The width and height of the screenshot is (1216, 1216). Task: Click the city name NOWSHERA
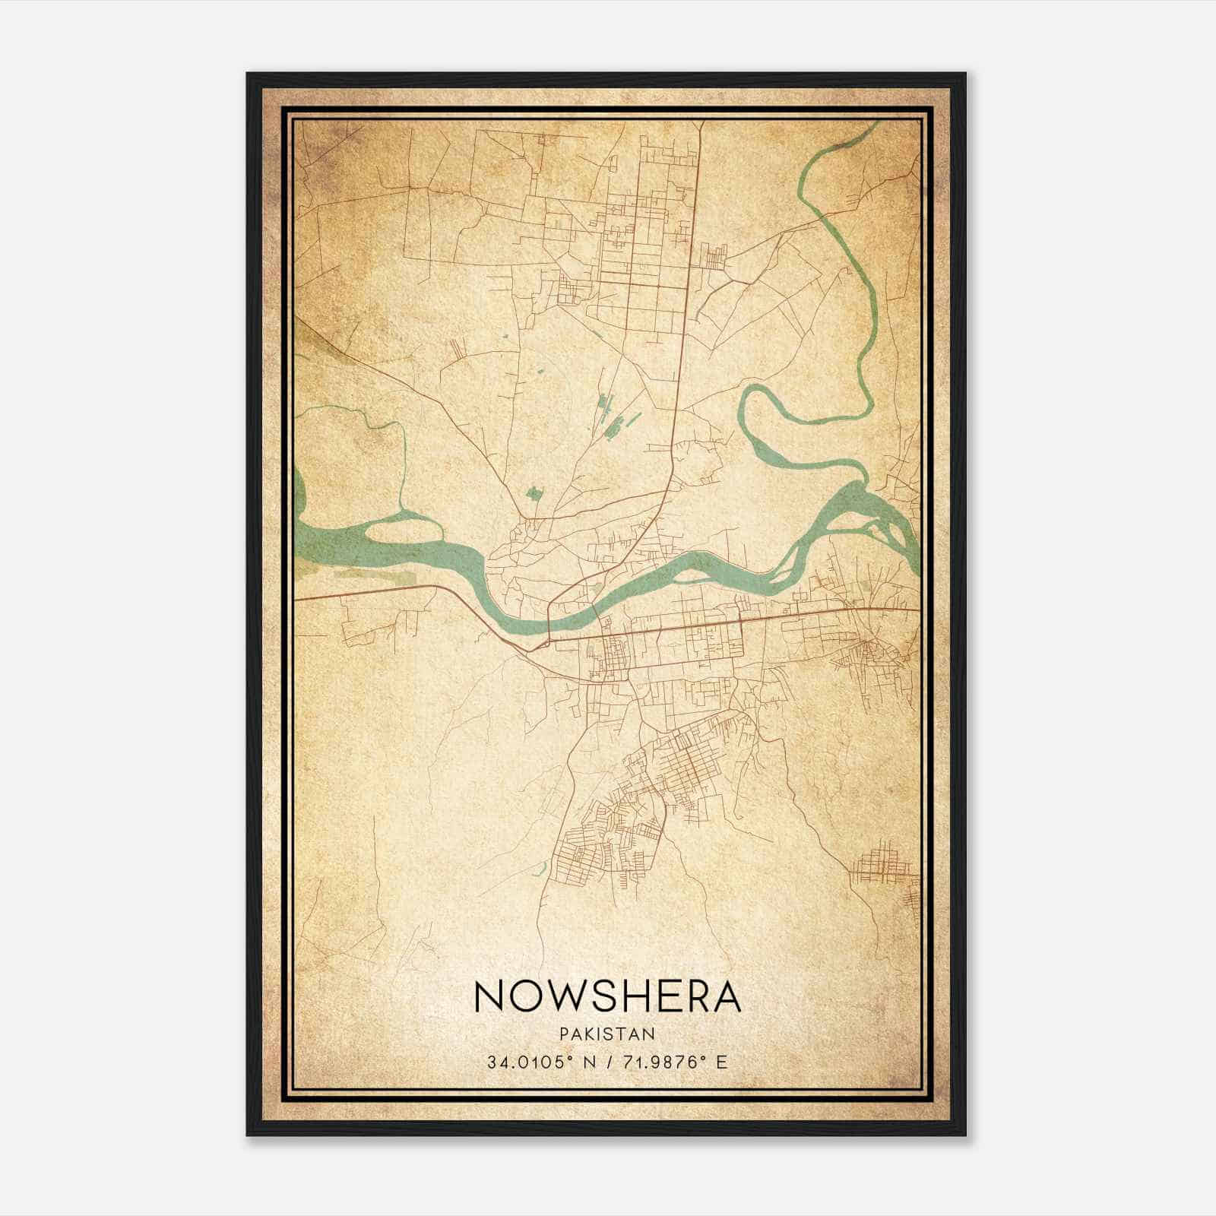(607, 996)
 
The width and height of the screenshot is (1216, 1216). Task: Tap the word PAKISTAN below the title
(607, 1034)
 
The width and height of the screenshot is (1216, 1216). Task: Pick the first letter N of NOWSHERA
(487, 996)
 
